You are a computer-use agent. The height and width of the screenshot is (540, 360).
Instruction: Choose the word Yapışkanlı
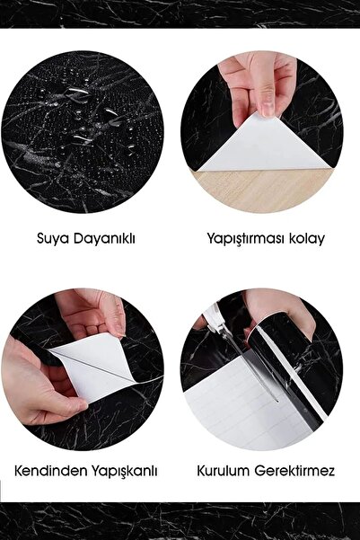coord(119,470)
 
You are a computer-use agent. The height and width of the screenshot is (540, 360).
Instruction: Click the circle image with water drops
coord(83,130)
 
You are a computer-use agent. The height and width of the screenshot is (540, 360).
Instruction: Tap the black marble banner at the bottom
coord(180,521)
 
